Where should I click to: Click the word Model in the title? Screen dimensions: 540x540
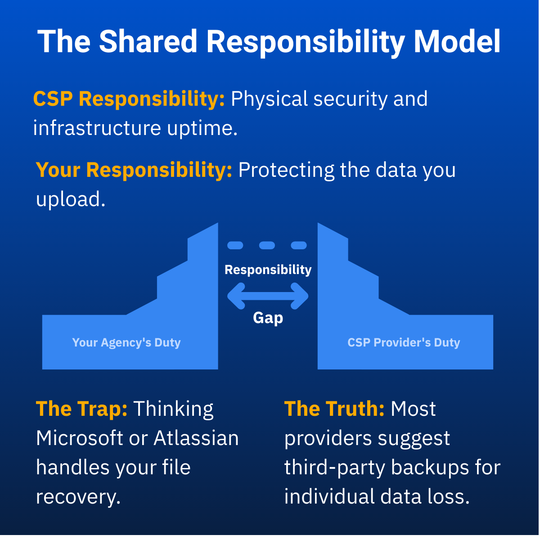(457, 41)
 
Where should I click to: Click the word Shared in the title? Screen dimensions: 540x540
(148, 41)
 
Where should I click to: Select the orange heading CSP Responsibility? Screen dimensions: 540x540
(129, 99)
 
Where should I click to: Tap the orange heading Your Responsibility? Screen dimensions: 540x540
(134, 170)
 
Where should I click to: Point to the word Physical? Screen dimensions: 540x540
(269, 99)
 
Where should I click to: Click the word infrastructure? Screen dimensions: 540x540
(97, 128)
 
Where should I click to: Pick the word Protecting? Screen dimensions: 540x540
(286, 171)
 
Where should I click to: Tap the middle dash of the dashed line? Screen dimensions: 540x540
(267, 245)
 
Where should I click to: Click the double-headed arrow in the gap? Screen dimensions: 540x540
(268, 296)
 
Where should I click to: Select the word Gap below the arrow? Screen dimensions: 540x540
(268, 318)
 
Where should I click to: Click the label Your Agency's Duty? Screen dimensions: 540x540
(126, 343)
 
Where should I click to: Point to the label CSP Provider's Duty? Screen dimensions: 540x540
(404, 342)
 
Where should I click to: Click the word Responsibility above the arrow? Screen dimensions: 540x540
(268, 270)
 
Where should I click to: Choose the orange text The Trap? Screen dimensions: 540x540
(81, 409)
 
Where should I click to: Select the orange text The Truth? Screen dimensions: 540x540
(334, 409)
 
